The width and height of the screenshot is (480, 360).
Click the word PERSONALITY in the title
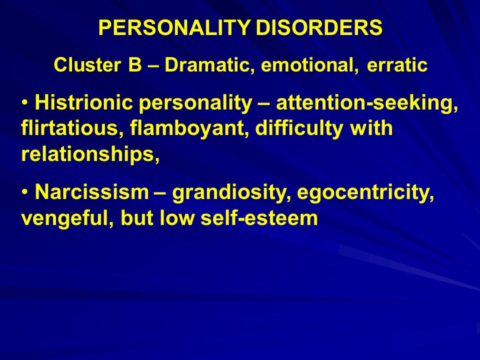pyautogui.click(x=174, y=27)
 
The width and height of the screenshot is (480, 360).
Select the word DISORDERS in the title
pyautogui.click(x=319, y=27)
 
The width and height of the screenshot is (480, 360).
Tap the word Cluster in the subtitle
pyautogui.click(x=87, y=65)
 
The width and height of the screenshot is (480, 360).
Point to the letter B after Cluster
pyautogui.click(x=135, y=65)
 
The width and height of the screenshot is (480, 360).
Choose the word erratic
pyautogui.click(x=397, y=65)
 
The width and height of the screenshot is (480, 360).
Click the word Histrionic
pyautogui.click(x=84, y=102)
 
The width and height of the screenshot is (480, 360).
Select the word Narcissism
pyautogui.click(x=92, y=192)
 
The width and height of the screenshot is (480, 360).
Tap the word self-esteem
pyautogui.click(x=259, y=218)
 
